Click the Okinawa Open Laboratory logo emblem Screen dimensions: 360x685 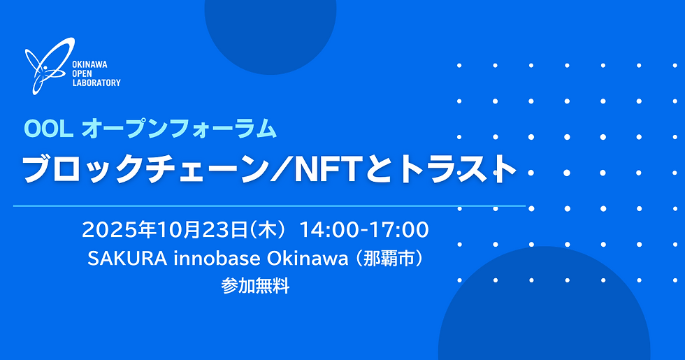click(x=45, y=69)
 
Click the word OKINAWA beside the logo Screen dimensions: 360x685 click(x=89, y=64)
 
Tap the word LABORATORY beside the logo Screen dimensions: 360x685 click(x=96, y=82)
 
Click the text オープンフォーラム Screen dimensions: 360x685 click(x=179, y=128)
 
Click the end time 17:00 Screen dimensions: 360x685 click(x=398, y=229)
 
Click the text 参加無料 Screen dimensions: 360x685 click(x=255, y=287)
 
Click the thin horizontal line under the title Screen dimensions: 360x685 click(x=269, y=206)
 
